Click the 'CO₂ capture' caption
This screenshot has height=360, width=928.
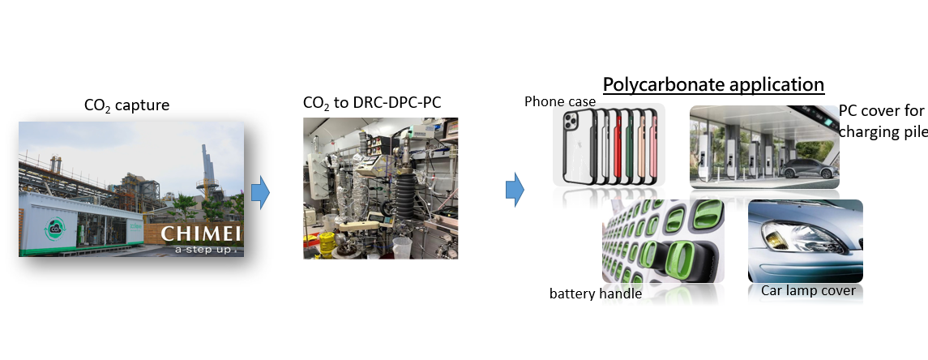click(127, 105)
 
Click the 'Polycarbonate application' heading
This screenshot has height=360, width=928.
click(712, 84)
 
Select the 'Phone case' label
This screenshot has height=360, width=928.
click(560, 101)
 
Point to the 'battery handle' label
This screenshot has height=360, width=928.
click(595, 294)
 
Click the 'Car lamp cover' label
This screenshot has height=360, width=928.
click(808, 290)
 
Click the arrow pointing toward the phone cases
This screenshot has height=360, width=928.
click(515, 189)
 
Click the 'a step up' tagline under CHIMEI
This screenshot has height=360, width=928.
click(206, 250)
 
